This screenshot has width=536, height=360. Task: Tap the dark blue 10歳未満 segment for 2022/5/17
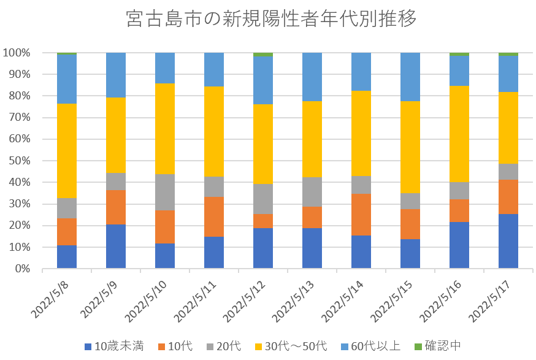click(x=508, y=241)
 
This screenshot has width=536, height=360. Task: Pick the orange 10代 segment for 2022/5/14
click(x=361, y=214)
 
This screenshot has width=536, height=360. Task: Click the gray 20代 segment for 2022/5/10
click(x=165, y=192)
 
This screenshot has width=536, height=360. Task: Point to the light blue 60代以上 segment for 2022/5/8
click(x=67, y=79)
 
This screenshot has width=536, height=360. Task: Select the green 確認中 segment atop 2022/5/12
click(x=263, y=54)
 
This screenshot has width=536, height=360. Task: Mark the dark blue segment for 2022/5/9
click(x=116, y=246)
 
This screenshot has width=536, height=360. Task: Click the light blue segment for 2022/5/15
click(x=410, y=77)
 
